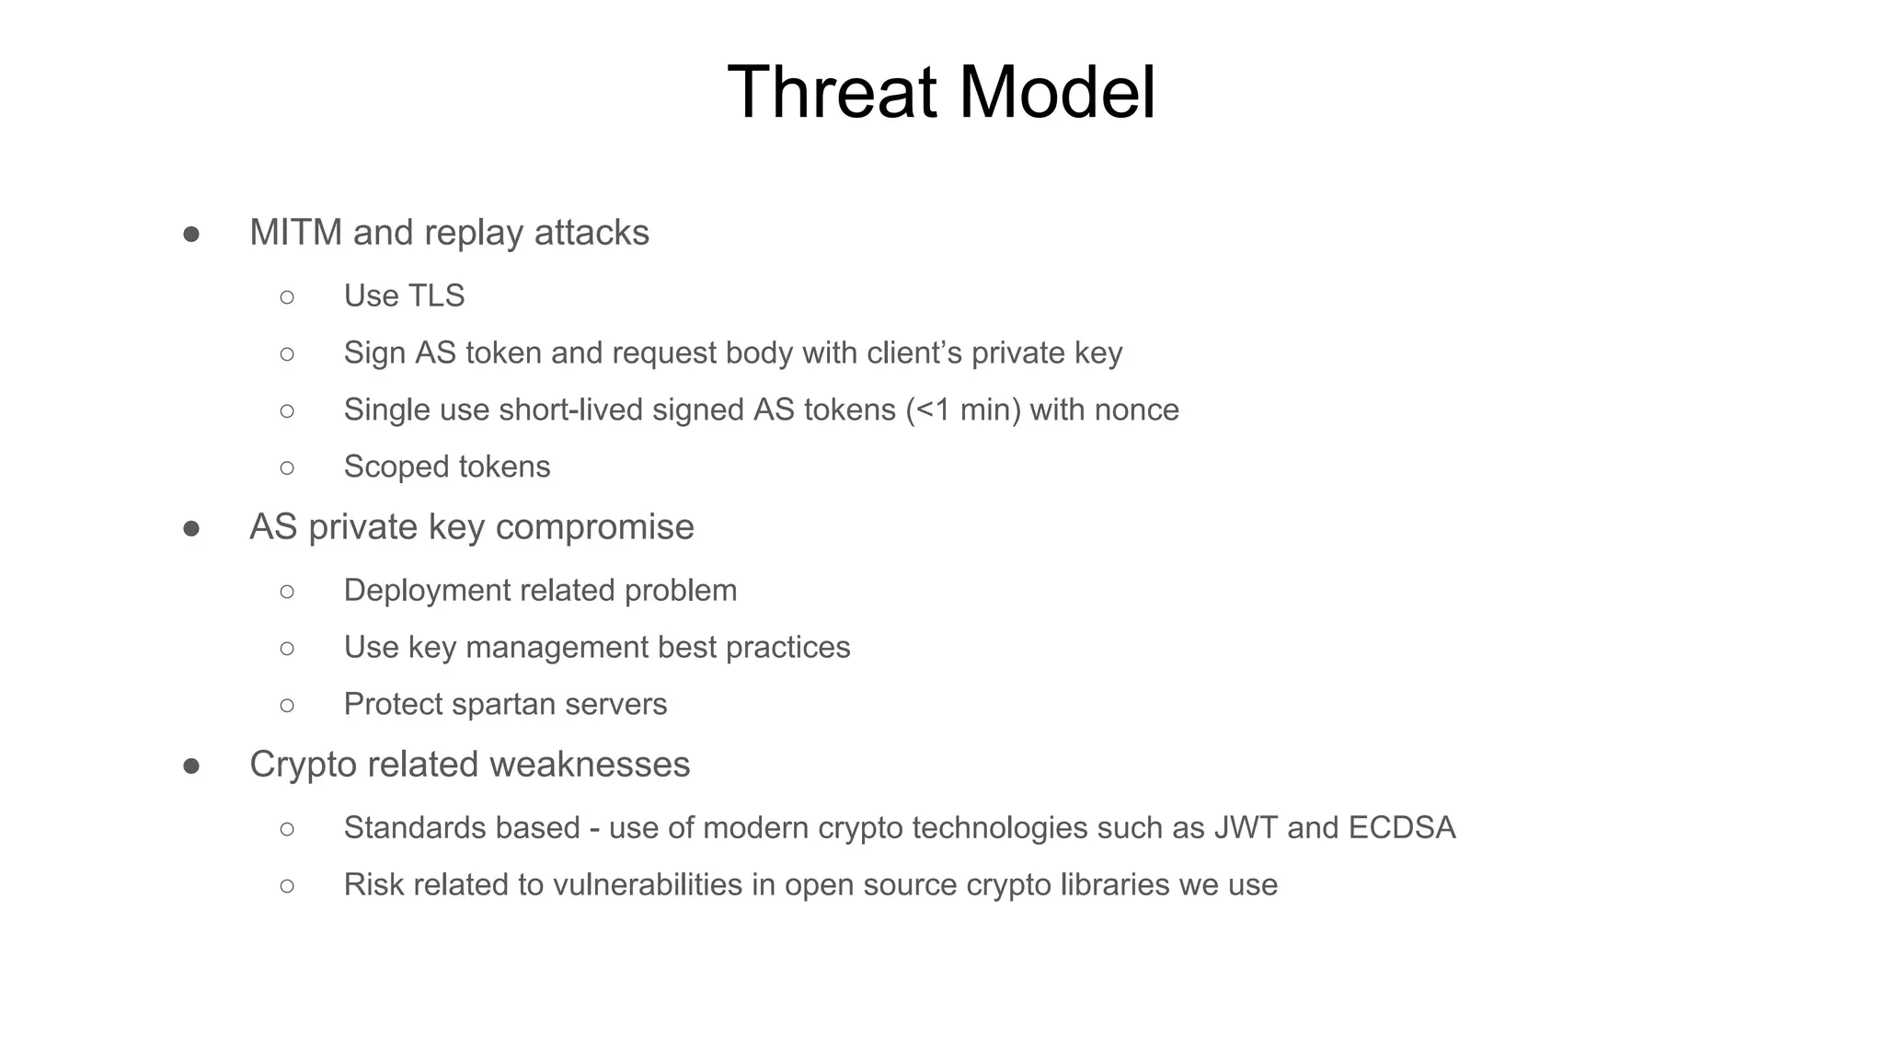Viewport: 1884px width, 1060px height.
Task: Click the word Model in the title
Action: click(1057, 92)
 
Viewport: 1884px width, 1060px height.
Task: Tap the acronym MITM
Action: click(295, 233)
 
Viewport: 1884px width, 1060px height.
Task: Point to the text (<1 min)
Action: click(963, 410)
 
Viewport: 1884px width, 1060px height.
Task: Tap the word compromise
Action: click(594, 527)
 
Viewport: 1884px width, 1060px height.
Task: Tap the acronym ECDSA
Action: click(1402, 828)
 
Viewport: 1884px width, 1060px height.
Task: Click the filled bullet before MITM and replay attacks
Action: click(191, 235)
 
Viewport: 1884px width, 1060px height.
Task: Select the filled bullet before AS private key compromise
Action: click(191, 529)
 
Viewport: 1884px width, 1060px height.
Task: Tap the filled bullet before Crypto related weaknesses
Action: click(191, 766)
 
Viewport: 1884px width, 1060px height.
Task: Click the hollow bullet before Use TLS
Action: click(287, 297)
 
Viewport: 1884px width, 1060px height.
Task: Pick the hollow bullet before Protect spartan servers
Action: click(287, 706)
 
